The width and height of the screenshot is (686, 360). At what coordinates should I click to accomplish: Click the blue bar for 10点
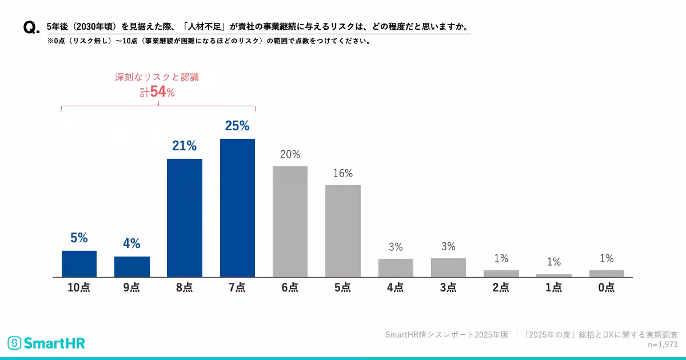pos(79,263)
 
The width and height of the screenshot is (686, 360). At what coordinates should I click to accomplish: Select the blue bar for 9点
pos(132,266)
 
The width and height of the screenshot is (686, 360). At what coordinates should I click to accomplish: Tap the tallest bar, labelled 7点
pos(237,207)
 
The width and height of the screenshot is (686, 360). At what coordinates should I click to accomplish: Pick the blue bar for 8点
pos(185,218)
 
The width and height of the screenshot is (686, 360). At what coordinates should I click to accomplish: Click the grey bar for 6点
pos(290,221)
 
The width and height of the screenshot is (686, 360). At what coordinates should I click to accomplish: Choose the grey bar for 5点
pos(343,231)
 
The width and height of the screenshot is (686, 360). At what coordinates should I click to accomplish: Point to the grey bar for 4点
pos(396,267)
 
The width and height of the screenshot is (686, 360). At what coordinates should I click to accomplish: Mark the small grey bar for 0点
pos(607,273)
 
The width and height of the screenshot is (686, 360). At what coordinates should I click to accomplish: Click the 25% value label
pos(237,126)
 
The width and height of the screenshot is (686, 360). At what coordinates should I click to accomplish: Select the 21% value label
pos(185,146)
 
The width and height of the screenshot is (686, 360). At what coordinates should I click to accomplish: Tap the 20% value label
pos(290,154)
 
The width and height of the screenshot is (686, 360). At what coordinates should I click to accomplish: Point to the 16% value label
pos(343,173)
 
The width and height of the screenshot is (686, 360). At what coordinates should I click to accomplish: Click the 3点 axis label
pos(448,288)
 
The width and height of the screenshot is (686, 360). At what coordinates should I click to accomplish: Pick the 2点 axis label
pos(501,288)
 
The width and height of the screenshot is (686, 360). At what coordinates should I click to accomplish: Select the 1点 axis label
pos(553,288)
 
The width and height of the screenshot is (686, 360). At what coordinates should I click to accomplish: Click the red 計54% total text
pos(157,92)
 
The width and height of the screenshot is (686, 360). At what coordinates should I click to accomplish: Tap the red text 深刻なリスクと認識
pos(157,77)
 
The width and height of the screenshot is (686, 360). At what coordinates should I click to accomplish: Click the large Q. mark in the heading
pos(31,29)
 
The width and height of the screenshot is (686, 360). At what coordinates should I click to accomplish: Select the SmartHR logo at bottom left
pos(46,343)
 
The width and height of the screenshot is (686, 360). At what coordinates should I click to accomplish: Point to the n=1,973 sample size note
pos(663,345)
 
